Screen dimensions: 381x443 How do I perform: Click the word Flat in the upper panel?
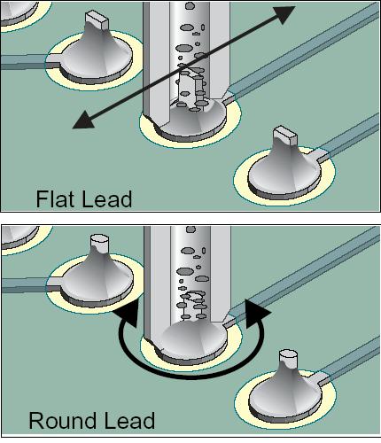[x=54, y=198]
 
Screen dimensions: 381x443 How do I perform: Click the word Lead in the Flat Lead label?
[x=106, y=198]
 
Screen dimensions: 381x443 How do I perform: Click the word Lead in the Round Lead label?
[x=129, y=420]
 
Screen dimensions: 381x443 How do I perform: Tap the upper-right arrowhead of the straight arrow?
[x=284, y=14]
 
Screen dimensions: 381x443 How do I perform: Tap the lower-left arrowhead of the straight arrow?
[x=84, y=120]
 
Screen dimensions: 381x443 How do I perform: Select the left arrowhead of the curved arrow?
[x=128, y=314]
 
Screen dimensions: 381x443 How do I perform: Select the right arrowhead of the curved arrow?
[x=256, y=313]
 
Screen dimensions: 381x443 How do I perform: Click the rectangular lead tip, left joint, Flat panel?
[x=97, y=19]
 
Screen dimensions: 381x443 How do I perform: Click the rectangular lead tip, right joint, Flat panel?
[x=285, y=136]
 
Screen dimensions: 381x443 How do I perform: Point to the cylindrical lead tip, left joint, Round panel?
[x=99, y=243]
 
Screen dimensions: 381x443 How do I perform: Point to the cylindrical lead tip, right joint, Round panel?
[x=288, y=358]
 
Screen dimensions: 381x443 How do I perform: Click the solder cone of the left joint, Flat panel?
[x=96, y=56]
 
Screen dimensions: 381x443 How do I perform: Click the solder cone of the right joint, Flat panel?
[x=284, y=171]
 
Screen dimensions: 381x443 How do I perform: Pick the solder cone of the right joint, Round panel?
[x=286, y=392]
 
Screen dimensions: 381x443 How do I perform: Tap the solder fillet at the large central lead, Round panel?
[x=192, y=339]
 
